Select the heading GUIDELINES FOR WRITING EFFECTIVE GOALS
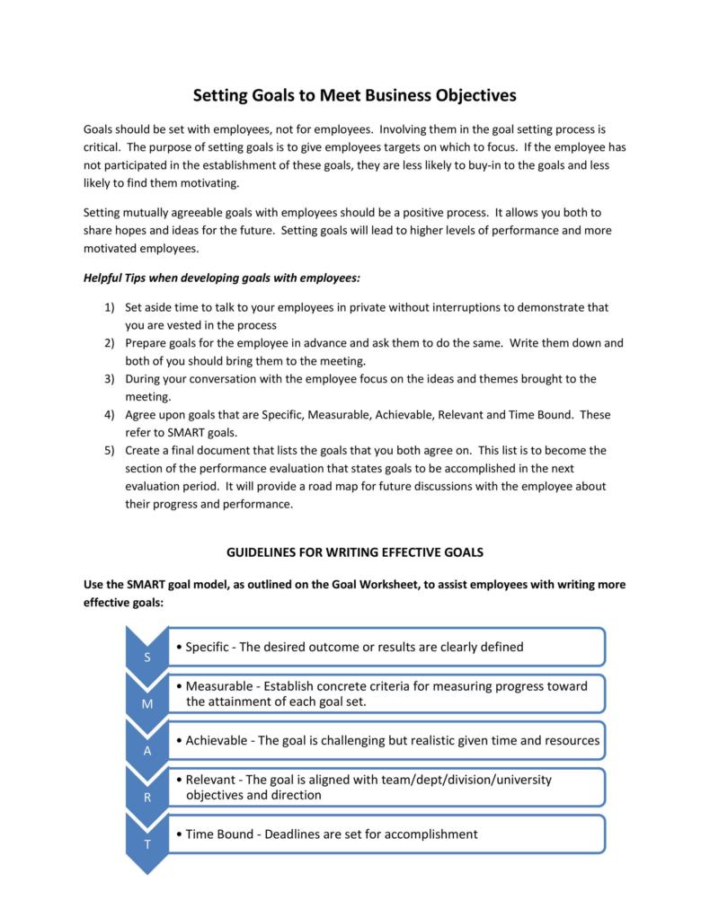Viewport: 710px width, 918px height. click(x=354, y=551)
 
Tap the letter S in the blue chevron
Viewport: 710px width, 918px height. click(x=146, y=658)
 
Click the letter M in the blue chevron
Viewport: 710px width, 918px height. click(x=146, y=704)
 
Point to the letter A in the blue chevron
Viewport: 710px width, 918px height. click(x=146, y=751)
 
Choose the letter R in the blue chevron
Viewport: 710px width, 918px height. click(x=146, y=798)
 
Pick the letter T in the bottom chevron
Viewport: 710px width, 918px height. click(x=146, y=845)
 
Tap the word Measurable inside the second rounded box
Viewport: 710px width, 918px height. click(x=220, y=686)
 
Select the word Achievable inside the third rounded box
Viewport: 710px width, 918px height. click(x=218, y=740)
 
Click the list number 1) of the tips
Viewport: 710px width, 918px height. click(x=109, y=307)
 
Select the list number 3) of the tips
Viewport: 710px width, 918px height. click(x=109, y=379)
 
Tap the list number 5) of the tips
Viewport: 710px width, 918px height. click(x=109, y=450)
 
